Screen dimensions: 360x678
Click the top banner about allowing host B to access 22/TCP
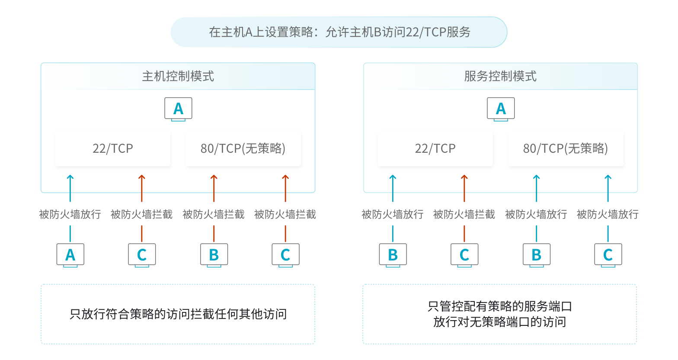339,32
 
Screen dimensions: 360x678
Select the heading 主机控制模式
178,77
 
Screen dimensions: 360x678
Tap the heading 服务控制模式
500,77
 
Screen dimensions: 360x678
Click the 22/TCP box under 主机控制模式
113,149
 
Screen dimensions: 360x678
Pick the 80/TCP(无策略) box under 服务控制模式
566,149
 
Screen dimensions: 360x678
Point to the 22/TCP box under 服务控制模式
435,149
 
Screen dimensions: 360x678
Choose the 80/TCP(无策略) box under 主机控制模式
243,149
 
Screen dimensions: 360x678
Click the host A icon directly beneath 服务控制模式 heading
501,109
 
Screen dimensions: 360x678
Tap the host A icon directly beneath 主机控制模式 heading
178,109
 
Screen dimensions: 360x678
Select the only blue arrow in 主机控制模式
70,188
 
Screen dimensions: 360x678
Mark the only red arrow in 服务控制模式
464,188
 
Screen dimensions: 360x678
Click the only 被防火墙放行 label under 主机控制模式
70,214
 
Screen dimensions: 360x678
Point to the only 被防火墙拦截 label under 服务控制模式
464,214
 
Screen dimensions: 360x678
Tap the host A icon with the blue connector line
70,255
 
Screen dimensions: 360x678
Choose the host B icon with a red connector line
214,255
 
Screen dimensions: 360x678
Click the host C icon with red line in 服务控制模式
464,255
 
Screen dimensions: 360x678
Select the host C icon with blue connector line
608,255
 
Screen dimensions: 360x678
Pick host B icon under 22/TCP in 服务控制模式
393,255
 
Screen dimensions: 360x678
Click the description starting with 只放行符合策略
178,314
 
